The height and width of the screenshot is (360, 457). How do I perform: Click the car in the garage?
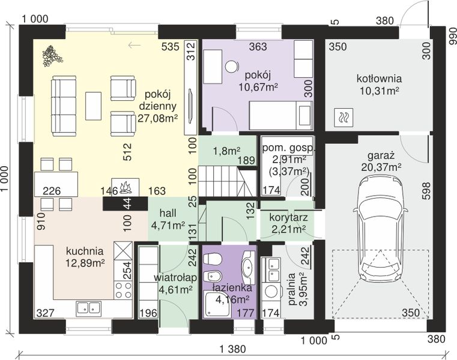tap(380, 229)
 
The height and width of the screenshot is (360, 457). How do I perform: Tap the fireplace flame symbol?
tap(126, 188)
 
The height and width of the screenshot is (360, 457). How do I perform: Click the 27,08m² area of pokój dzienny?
tap(158, 119)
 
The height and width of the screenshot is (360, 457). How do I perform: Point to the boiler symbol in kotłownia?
tap(344, 118)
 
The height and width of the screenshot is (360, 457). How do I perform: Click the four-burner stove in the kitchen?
tap(123, 290)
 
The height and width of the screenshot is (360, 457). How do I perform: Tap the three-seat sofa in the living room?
tap(64, 106)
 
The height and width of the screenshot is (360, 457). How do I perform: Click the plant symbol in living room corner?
tap(52, 56)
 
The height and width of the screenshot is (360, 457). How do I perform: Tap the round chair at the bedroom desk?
tap(232, 67)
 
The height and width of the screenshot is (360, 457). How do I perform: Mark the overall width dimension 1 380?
tap(233, 349)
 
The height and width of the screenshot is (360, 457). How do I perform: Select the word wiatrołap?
tap(175, 278)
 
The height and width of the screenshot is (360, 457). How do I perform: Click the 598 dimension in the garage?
tap(426, 191)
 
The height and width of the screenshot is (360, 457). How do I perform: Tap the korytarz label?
tap(288, 217)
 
